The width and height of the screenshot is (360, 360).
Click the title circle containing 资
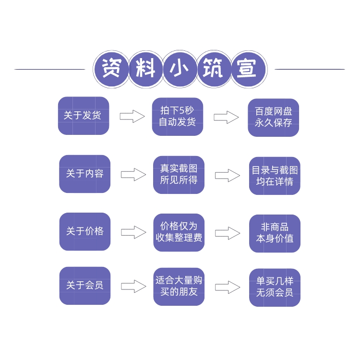(111, 69)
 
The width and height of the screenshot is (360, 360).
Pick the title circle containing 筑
(214, 69)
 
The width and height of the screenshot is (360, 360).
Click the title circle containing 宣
(249, 69)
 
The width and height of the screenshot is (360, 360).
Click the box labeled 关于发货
(84, 116)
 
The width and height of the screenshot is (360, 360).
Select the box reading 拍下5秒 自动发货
(178, 117)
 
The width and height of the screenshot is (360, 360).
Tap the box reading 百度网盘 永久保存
(274, 117)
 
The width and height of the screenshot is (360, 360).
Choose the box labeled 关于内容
(84, 174)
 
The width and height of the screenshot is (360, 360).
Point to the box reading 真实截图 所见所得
(179, 175)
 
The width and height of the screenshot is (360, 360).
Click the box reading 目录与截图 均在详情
(275, 176)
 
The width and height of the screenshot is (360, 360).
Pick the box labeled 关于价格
(84, 231)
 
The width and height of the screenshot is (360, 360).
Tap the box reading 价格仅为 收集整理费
(179, 232)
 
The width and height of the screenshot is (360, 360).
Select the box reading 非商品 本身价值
(275, 233)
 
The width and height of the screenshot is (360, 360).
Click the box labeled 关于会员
(84, 286)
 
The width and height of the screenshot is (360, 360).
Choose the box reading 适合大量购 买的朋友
(179, 287)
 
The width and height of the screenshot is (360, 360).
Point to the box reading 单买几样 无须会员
(275, 288)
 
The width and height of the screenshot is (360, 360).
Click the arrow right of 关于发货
(132, 116)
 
